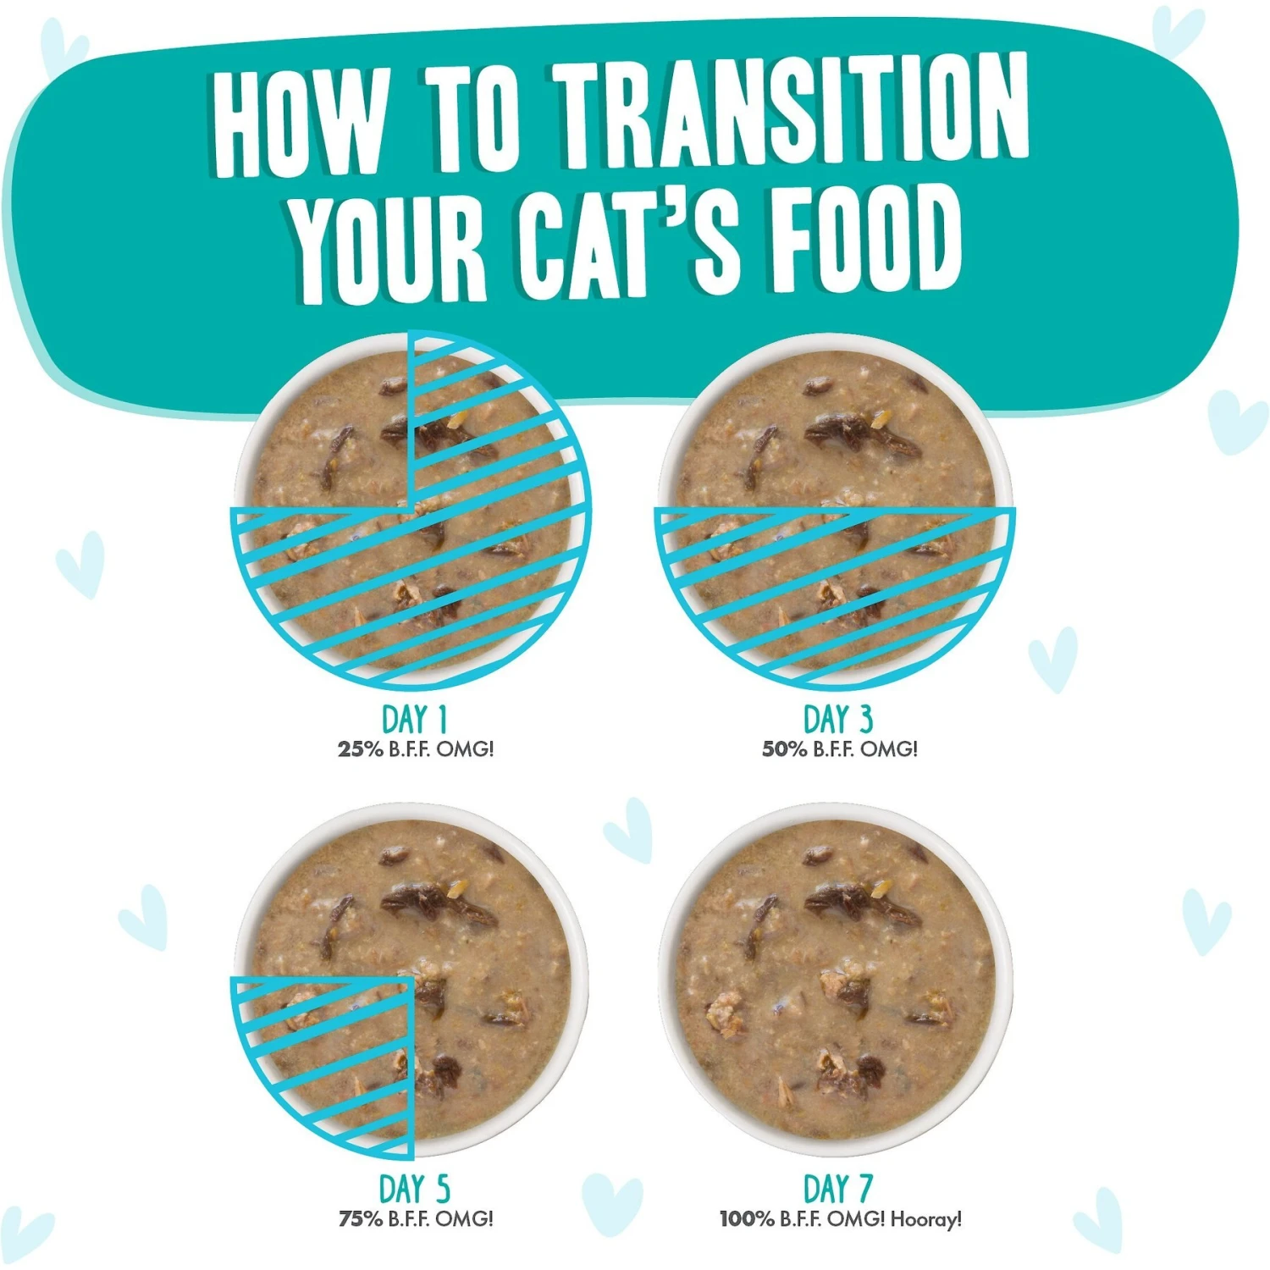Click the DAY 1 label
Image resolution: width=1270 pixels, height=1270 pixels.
414,720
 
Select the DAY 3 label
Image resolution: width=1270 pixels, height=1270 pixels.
837,720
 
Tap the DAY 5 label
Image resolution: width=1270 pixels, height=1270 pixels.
414,1190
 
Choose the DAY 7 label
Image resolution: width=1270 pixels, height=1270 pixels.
837,1189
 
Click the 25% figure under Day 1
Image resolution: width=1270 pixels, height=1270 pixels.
361,748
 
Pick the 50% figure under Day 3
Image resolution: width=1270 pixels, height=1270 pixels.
784,748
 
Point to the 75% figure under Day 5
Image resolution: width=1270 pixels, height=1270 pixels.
361,1218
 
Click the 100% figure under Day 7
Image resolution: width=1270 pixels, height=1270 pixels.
747,1218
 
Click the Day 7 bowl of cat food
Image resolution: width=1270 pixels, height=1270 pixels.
836,980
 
